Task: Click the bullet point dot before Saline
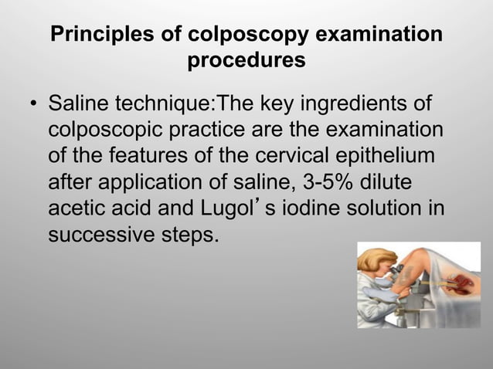tap(33, 104)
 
